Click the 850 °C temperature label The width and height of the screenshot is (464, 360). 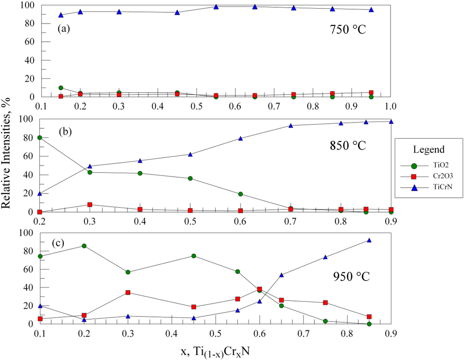pyautogui.click(x=347, y=146)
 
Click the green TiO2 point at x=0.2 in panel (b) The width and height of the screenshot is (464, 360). pyautogui.click(x=40, y=137)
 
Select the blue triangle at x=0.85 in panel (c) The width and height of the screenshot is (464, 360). pyautogui.click(x=369, y=240)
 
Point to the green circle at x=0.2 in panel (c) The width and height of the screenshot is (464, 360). pyautogui.click(x=84, y=246)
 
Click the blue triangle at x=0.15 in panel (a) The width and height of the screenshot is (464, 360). pyautogui.click(x=61, y=15)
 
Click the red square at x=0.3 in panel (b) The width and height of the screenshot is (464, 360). pyautogui.click(x=90, y=204)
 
